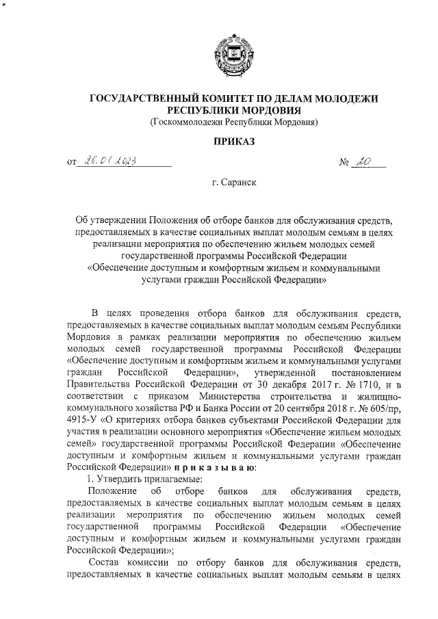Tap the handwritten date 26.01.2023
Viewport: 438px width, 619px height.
(110, 161)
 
